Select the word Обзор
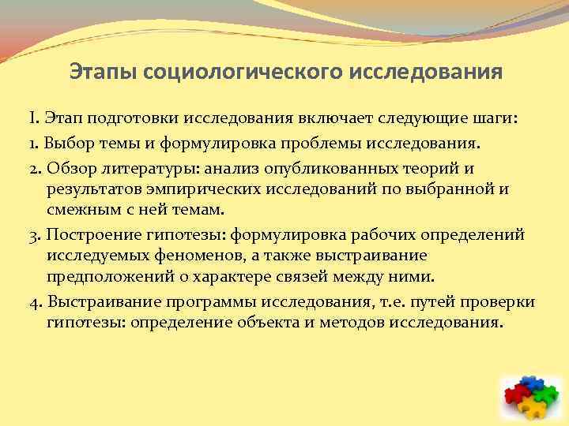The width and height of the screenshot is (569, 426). (x=69, y=170)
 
